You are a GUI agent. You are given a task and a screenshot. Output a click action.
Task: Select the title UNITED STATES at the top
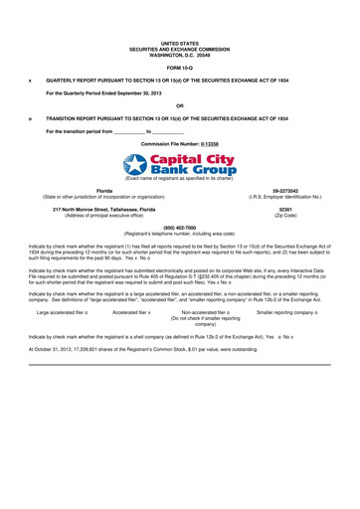point(179,44)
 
